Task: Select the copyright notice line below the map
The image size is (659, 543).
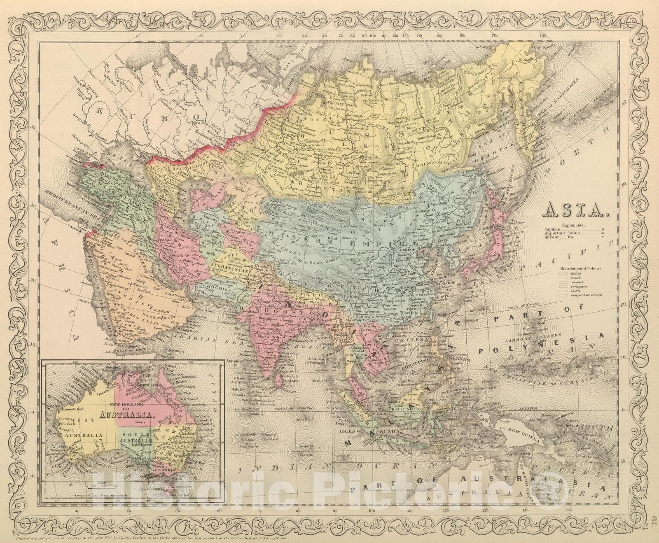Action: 152,538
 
